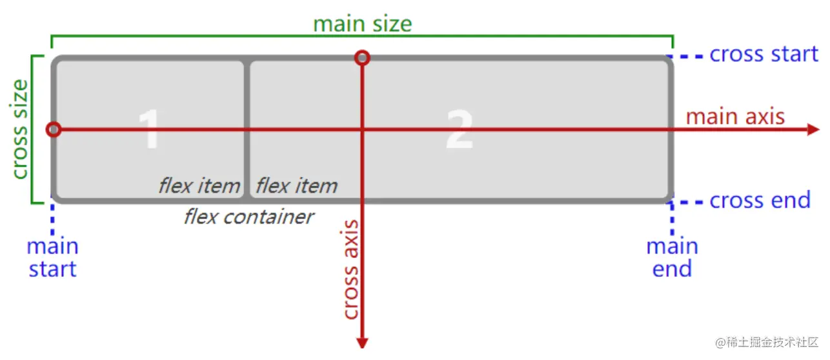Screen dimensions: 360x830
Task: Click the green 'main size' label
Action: (x=362, y=24)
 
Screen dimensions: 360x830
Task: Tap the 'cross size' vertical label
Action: (x=20, y=129)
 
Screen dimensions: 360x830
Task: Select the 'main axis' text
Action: (x=735, y=117)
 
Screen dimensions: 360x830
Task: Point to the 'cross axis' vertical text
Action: (x=350, y=270)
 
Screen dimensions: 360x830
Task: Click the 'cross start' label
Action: (x=764, y=54)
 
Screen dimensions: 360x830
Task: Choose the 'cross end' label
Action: (x=760, y=201)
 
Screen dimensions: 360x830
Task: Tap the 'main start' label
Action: (x=52, y=257)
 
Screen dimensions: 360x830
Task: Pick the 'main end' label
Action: (x=672, y=257)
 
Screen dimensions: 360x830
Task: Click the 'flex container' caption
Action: (x=248, y=217)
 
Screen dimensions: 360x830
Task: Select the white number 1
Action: (x=149, y=129)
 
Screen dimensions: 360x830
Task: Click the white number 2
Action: (x=460, y=129)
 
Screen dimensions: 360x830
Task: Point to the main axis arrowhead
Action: (x=813, y=130)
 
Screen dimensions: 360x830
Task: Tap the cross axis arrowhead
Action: (x=362, y=342)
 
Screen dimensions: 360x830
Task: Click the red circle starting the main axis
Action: (x=54, y=130)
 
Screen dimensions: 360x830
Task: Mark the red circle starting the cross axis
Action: (x=363, y=58)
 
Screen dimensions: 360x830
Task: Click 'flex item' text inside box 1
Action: (x=199, y=186)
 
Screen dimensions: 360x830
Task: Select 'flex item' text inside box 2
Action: (x=296, y=186)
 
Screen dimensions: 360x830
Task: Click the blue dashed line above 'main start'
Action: (x=52, y=219)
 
